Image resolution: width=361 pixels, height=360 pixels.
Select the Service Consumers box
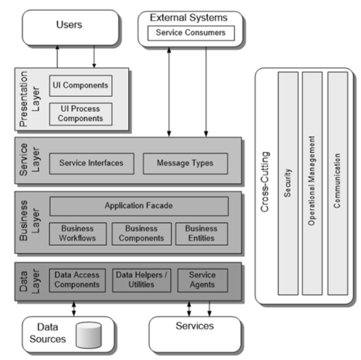point(191,33)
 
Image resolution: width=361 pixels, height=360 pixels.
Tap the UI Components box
point(81,86)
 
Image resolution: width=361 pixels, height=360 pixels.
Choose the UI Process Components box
point(81,114)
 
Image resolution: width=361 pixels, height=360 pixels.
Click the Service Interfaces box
point(91,163)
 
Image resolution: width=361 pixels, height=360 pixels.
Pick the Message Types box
point(185,163)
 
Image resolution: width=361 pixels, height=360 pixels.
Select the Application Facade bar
point(138,206)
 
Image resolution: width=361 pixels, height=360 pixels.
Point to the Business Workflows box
point(77,234)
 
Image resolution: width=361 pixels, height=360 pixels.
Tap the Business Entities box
point(201,234)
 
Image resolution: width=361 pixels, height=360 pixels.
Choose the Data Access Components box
point(77,280)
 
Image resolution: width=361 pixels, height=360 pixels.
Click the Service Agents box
point(202,280)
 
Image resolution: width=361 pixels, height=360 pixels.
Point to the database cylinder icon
point(88,334)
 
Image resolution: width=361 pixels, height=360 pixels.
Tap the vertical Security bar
point(288,183)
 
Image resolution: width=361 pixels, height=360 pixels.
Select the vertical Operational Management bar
point(312,183)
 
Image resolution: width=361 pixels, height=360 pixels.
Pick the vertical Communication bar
point(337,183)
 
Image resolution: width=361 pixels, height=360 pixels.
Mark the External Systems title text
point(188,17)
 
